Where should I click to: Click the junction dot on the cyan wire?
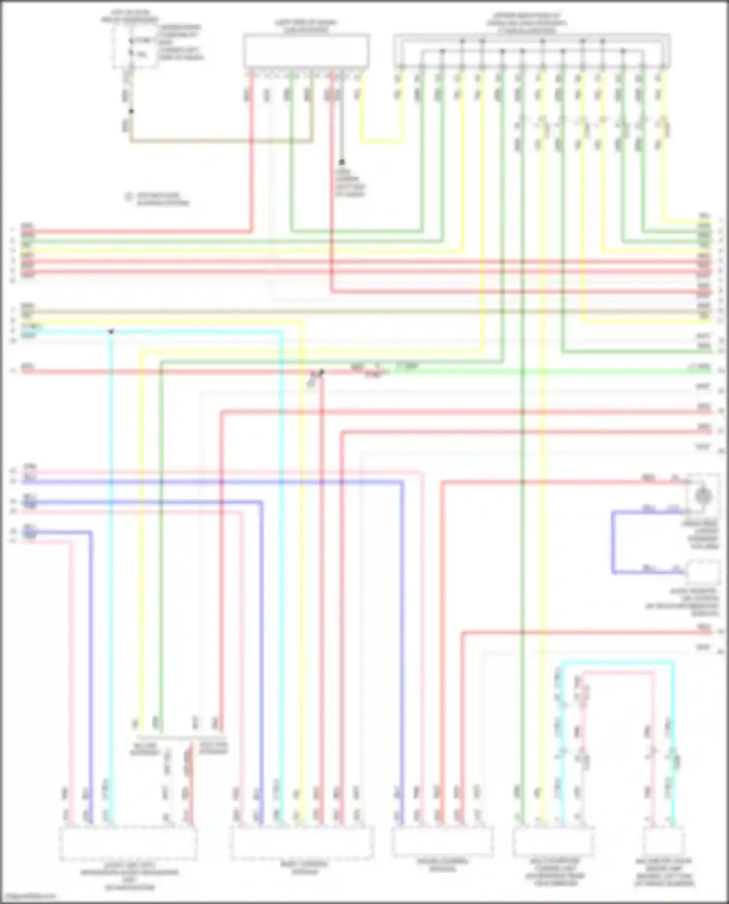(x=111, y=331)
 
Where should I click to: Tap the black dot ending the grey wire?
(x=342, y=162)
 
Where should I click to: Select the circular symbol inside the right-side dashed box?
(x=703, y=496)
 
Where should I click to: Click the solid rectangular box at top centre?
(x=306, y=51)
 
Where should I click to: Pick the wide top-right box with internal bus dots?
(x=532, y=51)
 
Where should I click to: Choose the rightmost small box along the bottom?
(x=664, y=841)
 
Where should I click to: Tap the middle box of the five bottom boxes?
(x=443, y=841)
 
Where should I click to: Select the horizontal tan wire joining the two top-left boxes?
(x=221, y=141)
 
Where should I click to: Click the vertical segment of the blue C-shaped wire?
(x=613, y=542)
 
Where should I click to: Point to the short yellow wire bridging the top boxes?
(x=382, y=141)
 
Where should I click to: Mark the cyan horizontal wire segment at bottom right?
(x=617, y=662)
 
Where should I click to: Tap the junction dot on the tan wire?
(x=131, y=111)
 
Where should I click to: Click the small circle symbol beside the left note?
(x=129, y=197)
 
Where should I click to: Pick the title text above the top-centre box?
(x=306, y=26)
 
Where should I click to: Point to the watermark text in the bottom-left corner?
(x=28, y=897)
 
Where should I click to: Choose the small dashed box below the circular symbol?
(x=703, y=572)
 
